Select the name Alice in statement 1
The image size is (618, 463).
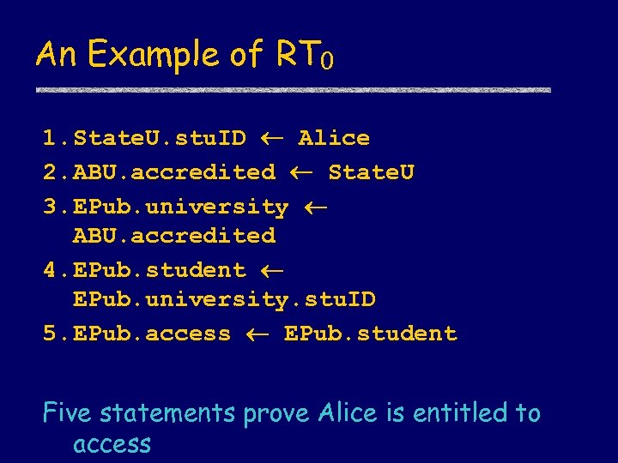point(334,138)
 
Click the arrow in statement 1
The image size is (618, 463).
point(272,138)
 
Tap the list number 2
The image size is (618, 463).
point(50,172)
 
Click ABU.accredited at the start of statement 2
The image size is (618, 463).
point(174,172)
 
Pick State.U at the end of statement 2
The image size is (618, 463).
point(371,172)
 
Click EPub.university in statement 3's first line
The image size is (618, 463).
point(181,207)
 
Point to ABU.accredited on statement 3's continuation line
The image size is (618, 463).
point(174,235)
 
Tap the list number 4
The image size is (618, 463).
point(50,270)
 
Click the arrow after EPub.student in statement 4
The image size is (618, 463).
point(272,270)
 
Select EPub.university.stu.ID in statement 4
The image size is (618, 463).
point(224,299)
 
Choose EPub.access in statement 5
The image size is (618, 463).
point(152,334)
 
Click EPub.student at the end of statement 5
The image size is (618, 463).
point(370,334)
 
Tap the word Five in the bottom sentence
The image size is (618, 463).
point(69,413)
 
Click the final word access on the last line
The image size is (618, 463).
point(112,444)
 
